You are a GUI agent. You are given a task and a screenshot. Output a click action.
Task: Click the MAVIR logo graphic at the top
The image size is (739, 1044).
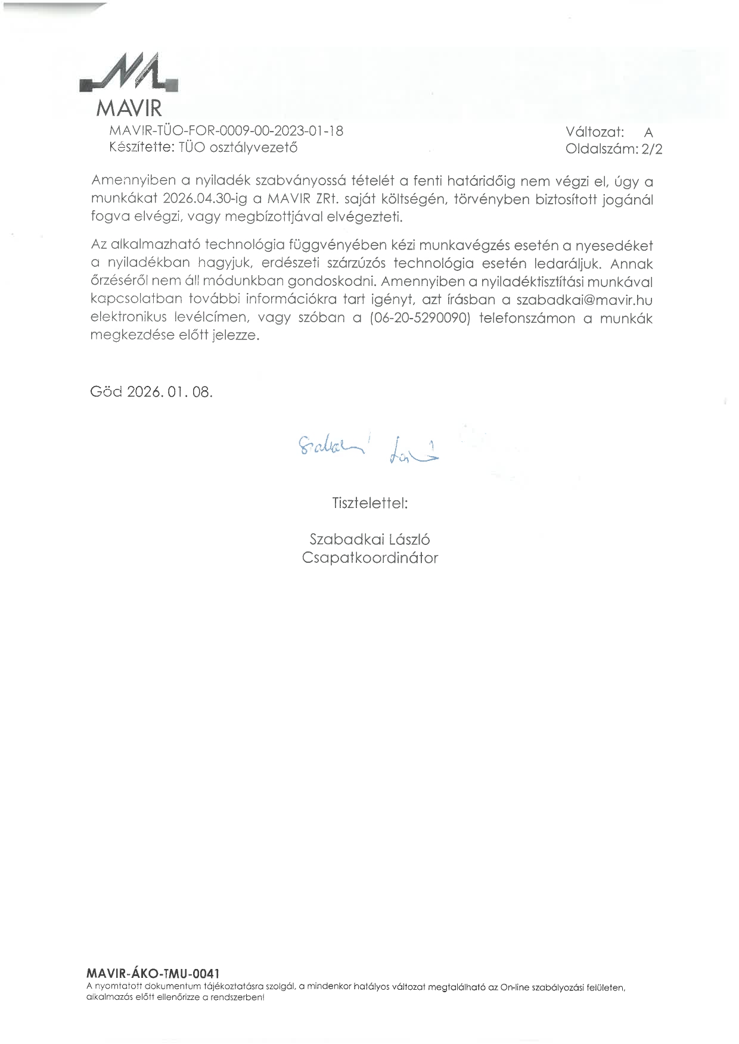click(129, 74)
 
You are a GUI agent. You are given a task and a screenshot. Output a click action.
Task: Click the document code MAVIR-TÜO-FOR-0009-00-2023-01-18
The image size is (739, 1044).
click(226, 131)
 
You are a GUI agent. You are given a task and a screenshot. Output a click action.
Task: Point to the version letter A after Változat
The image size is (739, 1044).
click(648, 133)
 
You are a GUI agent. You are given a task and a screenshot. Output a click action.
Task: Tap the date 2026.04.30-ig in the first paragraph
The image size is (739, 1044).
click(204, 199)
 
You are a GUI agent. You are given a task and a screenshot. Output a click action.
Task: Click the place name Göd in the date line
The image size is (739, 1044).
click(105, 392)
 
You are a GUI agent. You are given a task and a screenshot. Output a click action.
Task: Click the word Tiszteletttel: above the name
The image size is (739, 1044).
click(369, 503)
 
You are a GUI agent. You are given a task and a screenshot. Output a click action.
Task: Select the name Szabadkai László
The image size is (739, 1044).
click(369, 540)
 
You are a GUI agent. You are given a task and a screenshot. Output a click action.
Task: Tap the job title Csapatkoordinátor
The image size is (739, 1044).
click(369, 558)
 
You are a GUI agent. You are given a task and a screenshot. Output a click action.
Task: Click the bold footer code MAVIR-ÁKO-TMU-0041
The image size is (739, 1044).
click(148, 974)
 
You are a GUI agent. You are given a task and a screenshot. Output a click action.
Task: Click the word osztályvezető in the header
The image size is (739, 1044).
click(253, 148)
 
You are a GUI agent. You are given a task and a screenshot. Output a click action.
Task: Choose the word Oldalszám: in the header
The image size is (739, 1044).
click(601, 149)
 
